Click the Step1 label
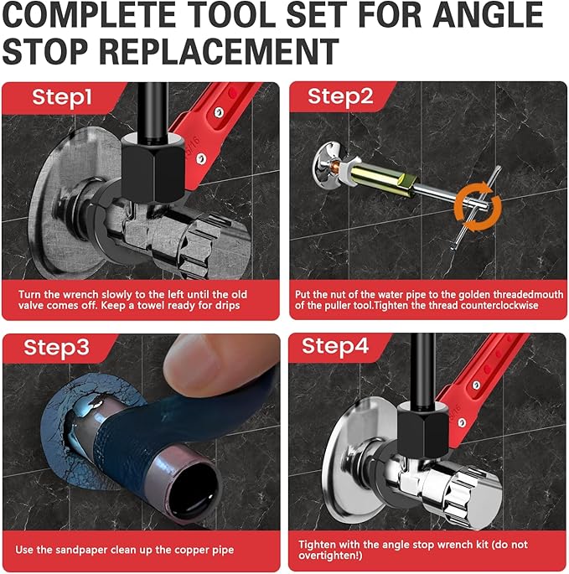pos(61,98)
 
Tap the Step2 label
pos(340,97)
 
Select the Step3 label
pos(56,347)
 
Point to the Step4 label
pos(335,346)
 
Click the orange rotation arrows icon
pos(478,208)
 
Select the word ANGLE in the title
pos(488,15)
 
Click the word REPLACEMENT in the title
pos(219,51)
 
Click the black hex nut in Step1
pos(153,168)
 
